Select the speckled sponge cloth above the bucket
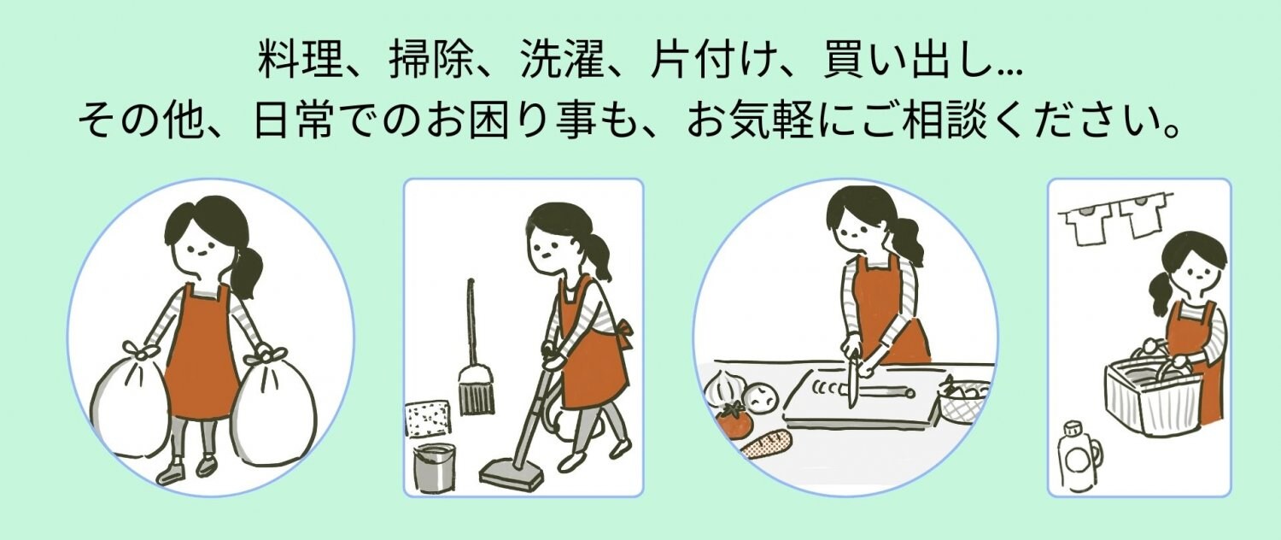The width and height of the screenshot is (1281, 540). point(427,420)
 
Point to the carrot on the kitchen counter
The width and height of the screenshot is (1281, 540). point(766,445)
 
